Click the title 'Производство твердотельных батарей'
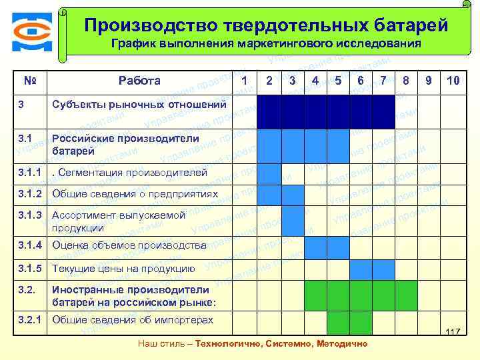[x=266, y=25]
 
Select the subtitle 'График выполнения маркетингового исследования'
[x=266, y=45]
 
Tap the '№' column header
[x=29, y=81]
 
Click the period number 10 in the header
[x=453, y=81]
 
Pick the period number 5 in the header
[x=338, y=81]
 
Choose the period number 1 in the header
[x=245, y=81]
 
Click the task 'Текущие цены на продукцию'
[x=123, y=269]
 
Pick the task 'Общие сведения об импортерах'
[x=133, y=319]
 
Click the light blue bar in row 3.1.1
[x=269, y=173]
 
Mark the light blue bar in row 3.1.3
[x=292, y=221]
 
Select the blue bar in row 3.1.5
[x=373, y=269]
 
